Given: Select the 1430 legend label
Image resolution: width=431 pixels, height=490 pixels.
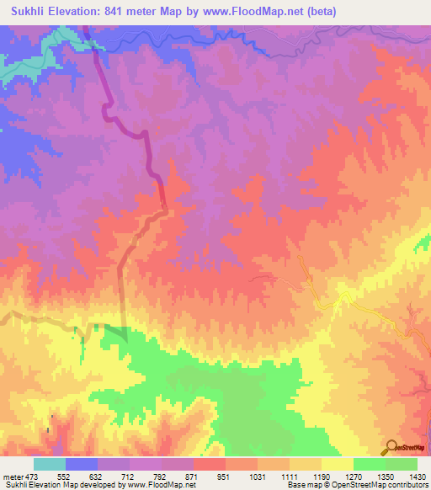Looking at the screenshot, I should click(x=416, y=477).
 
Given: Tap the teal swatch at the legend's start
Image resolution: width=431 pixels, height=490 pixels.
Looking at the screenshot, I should click(x=49, y=464).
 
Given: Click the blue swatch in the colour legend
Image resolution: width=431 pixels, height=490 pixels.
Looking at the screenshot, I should click(x=81, y=464).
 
